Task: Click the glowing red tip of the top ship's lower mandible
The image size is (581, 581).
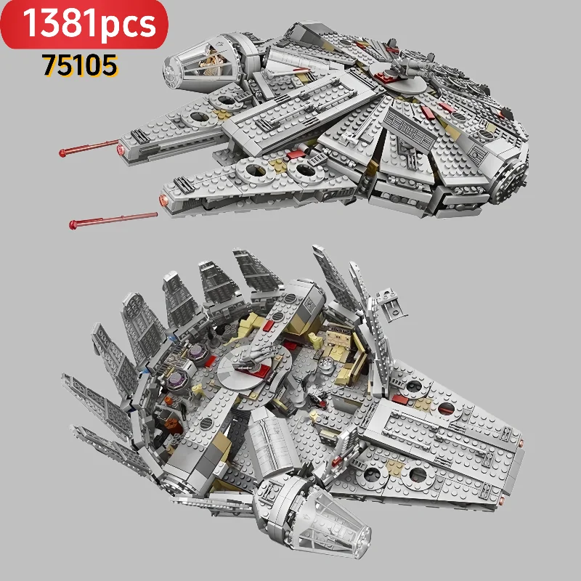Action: point(166,198)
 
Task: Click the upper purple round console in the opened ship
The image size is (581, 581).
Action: point(198,354)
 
